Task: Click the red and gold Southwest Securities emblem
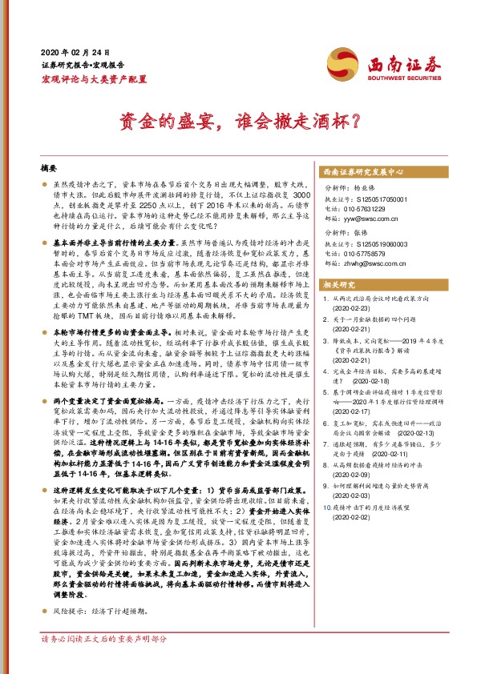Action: pos(341,63)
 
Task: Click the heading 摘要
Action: pos(50,171)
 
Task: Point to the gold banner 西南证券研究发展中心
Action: pos(362,171)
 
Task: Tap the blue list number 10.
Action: pos(325,484)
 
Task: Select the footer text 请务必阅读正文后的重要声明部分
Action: pos(104,661)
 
